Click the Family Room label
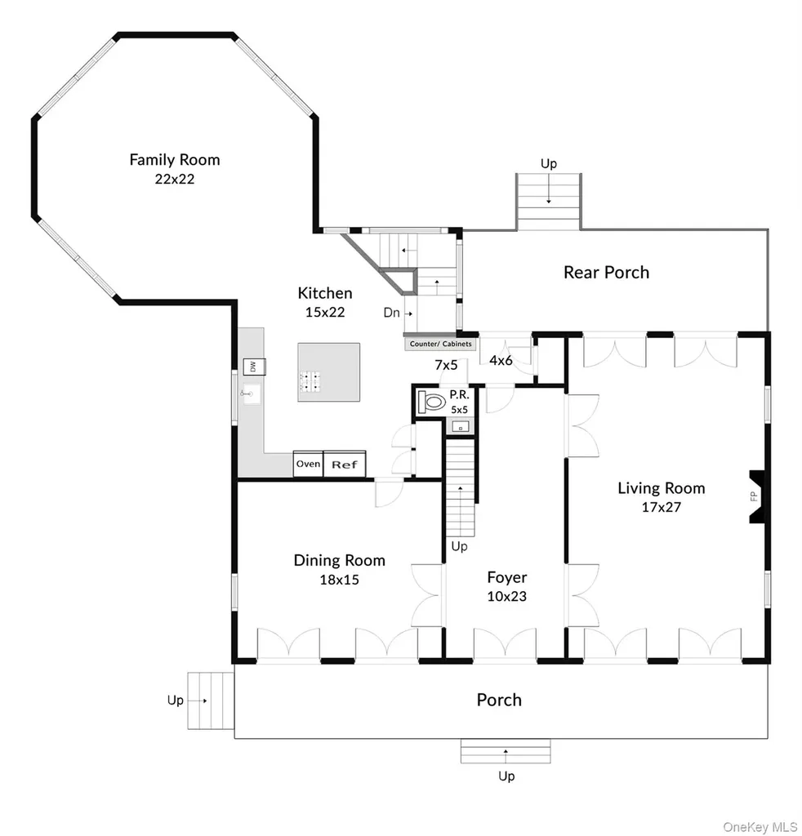[x=175, y=159]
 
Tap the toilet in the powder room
[x=432, y=402]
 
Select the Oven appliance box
[x=308, y=464]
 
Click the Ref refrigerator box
[x=345, y=464]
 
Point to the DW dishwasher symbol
[x=254, y=367]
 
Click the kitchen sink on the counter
[x=252, y=394]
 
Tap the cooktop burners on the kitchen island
[x=310, y=380]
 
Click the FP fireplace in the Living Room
[x=758, y=496]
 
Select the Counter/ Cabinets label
[x=440, y=344]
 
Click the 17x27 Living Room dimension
[x=662, y=507]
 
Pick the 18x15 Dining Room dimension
[x=339, y=580]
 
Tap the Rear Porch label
[x=606, y=273]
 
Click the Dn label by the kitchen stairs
[x=391, y=313]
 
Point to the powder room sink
[x=460, y=426]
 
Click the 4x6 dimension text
[x=501, y=360]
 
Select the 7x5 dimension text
[x=446, y=365]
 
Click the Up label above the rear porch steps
[x=549, y=163]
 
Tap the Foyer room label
[x=506, y=577]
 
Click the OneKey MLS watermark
[x=760, y=827]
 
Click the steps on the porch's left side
[x=211, y=700]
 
